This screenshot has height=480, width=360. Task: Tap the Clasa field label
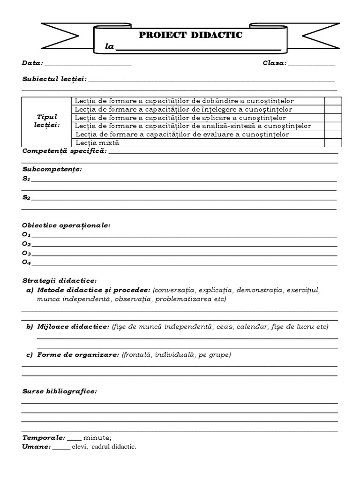pos(275,63)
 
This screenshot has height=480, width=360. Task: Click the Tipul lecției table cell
pos(47,121)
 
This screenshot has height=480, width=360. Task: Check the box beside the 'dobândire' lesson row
pos(333,101)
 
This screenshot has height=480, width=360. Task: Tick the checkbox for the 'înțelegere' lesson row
pos(333,109)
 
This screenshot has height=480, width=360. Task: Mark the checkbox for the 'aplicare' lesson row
pos(333,118)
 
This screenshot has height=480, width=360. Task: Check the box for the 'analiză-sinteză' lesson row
pos(333,126)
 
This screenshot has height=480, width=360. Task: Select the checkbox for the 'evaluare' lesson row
pos(333,134)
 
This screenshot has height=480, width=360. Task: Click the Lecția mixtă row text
pos(97,142)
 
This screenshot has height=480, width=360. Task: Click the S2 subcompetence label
pos(26,198)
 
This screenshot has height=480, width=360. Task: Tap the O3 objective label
pos(26,253)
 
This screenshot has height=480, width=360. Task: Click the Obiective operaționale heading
pos(66,225)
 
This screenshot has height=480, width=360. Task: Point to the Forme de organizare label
pos(78,355)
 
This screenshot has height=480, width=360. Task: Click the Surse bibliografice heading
pos(60,391)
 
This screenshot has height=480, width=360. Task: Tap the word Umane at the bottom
pos(36,447)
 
